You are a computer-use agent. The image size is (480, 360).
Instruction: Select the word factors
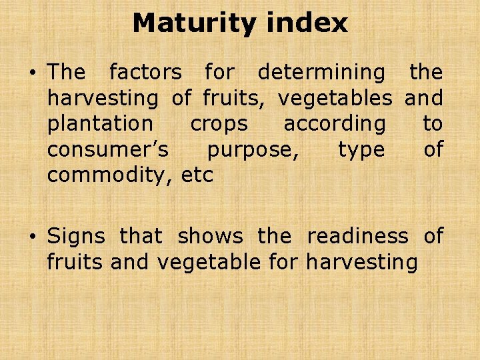pos(145,71)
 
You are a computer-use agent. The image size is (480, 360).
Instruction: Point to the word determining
pos(321,71)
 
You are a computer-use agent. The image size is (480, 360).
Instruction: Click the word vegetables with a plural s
pos(335,98)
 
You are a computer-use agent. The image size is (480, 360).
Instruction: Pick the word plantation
pos(100,124)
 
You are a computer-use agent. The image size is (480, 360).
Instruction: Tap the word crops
pos(219,124)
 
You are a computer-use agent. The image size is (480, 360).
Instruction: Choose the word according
pos(335,124)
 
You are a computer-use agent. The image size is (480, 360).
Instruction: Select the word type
pos(361,151)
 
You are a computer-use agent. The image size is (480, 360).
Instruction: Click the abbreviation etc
pos(197,176)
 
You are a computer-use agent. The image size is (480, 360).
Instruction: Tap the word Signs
pos(76,236)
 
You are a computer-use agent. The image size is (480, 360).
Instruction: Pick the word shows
pos(210,236)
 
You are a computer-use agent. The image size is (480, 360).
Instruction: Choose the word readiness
pos(357,236)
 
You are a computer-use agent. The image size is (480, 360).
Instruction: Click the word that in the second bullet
pos(141,236)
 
